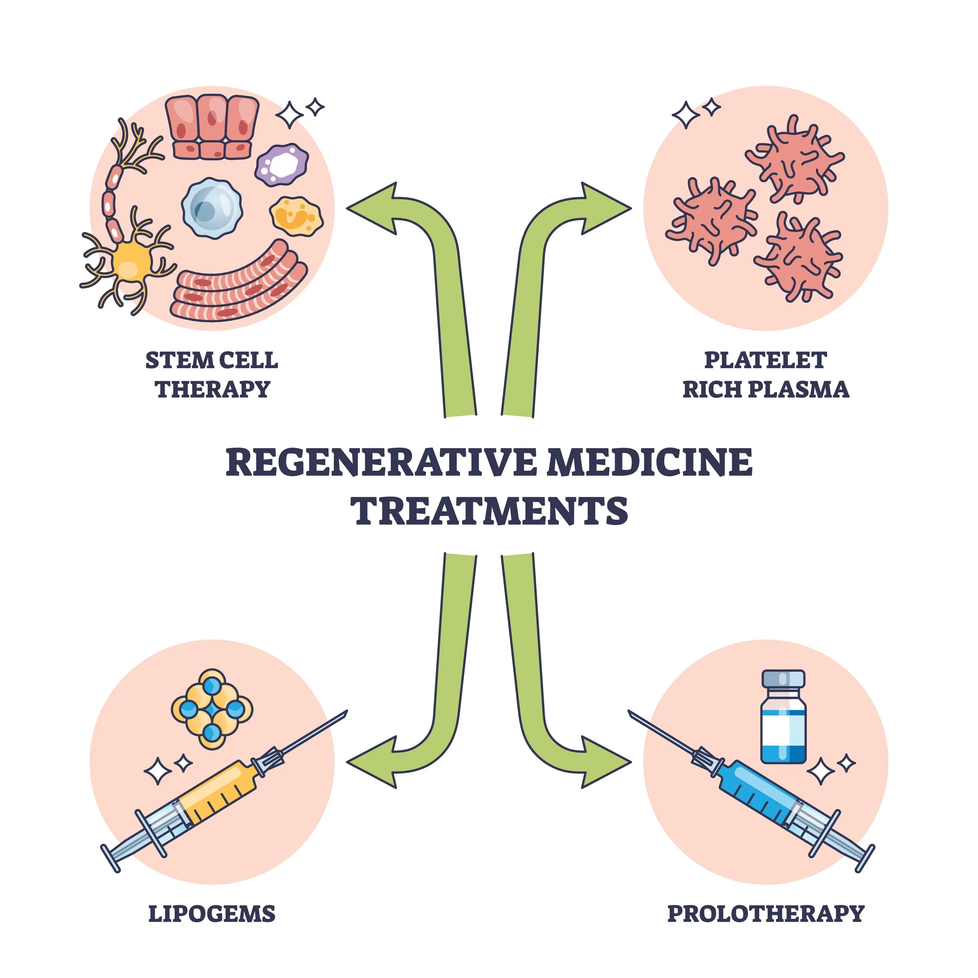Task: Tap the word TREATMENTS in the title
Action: [489, 511]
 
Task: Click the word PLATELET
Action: [766, 360]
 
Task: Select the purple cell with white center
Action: [281, 164]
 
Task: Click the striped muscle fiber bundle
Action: [238, 284]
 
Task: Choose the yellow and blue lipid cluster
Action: [212, 709]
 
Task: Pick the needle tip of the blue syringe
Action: [631, 712]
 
